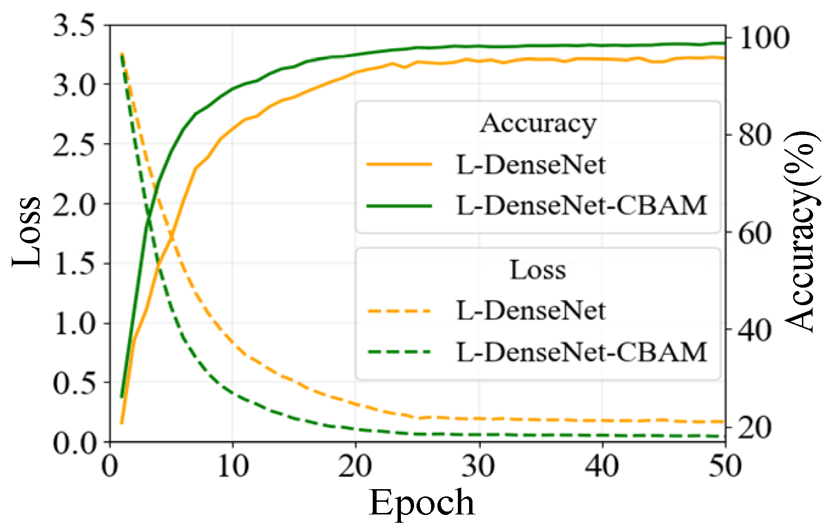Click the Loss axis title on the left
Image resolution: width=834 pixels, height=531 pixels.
(27, 232)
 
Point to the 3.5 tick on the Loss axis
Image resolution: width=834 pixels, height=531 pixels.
(73, 25)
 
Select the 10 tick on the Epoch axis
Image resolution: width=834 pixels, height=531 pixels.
(233, 466)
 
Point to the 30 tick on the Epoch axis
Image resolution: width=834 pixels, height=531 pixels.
(479, 466)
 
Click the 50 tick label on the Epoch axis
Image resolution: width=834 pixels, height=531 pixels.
(725, 466)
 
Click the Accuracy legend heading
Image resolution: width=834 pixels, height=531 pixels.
(538, 123)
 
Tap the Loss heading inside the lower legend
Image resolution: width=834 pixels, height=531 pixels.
(538, 270)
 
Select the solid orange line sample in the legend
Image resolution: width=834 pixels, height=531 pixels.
(399, 165)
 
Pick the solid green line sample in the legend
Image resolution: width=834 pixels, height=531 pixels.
(399, 206)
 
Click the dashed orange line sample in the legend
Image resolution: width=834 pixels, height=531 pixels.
(399, 311)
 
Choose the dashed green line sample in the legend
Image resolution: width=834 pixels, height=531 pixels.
(399, 352)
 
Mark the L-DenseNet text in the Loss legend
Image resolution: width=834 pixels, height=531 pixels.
(531, 311)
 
